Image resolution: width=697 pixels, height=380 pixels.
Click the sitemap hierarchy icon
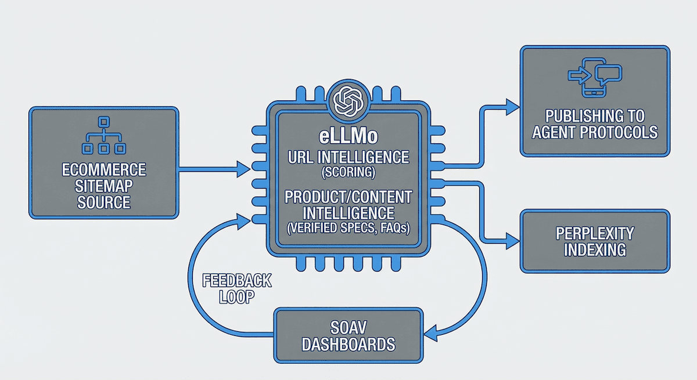click(x=104, y=136)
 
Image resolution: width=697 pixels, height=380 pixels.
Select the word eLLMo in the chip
click(x=348, y=139)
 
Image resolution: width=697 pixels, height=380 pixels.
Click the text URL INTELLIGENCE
click(x=348, y=157)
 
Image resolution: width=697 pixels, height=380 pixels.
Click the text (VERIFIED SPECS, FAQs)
click(x=348, y=228)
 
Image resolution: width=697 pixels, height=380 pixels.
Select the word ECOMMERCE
click(x=104, y=171)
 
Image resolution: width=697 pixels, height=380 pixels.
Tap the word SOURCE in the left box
click(x=104, y=202)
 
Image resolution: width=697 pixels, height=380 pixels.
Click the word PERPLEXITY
click(x=594, y=233)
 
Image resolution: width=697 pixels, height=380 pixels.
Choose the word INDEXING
click(x=594, y=250)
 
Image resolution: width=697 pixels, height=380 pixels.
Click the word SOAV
click(x=348, y=327)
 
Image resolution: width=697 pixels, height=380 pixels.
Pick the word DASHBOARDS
click(x=348, y=343)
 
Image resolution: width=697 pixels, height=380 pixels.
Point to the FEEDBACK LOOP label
click(x=236, y=288)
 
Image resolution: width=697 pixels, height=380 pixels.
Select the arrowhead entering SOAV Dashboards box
click(x=431, y=333)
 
